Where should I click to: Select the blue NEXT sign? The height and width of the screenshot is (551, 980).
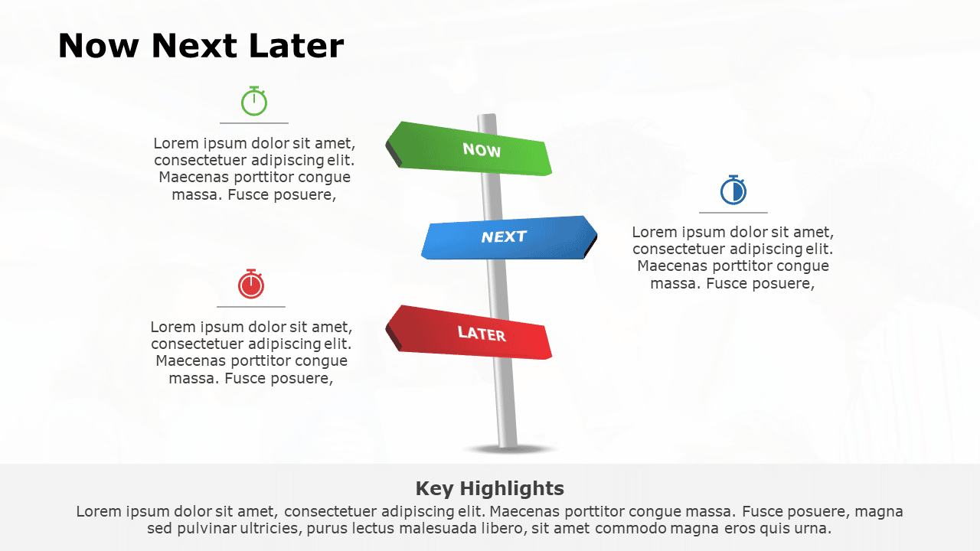[x=505, y=238]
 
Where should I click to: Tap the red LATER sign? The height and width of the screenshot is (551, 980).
[x=475, y=334]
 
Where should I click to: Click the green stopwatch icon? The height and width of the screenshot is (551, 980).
[x=254, y=101]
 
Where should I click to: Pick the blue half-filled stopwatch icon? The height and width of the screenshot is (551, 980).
[x=733, y=191]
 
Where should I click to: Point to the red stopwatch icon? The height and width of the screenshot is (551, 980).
[x=251, y=285]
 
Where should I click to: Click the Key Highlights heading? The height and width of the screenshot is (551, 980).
[x=489, y=488]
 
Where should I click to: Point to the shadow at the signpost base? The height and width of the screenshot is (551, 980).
[x=509, y=449]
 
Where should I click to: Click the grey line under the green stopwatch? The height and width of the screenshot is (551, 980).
[x=254, y=122]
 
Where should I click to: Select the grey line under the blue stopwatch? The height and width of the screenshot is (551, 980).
[x=733, y=213]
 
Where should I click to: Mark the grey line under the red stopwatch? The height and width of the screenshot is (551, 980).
[x=251, y=307]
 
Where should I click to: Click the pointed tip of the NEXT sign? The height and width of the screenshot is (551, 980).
[x=595, y=235]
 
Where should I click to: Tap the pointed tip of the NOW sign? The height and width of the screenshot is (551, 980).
[x=387, y=142]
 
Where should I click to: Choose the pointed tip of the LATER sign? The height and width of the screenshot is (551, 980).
[x=387, y=326]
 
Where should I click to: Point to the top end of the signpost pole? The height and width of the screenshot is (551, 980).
[x=487, y=117]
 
